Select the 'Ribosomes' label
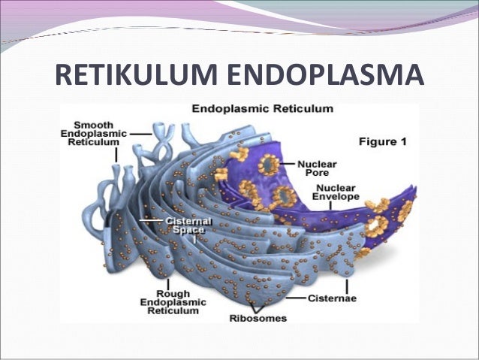258,318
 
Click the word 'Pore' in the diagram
311,173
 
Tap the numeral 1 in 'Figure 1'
402,141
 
